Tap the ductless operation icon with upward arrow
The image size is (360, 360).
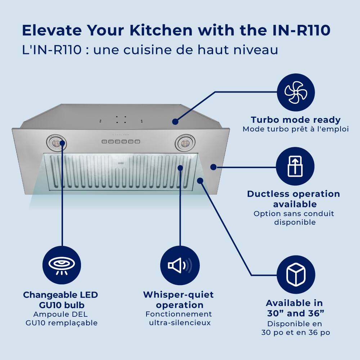295,166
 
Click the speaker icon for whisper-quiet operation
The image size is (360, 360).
179,266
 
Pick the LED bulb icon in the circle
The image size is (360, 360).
62,266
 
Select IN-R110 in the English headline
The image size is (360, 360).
300,31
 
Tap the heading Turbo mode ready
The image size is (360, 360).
296,120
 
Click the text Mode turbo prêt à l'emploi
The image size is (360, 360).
296,129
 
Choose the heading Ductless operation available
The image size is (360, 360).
293,199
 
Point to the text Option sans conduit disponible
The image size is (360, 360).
294,218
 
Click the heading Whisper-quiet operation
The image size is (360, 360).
178,300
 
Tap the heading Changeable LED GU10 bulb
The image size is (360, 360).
60,300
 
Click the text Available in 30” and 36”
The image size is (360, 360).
294,307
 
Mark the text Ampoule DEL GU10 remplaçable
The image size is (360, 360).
61,319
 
